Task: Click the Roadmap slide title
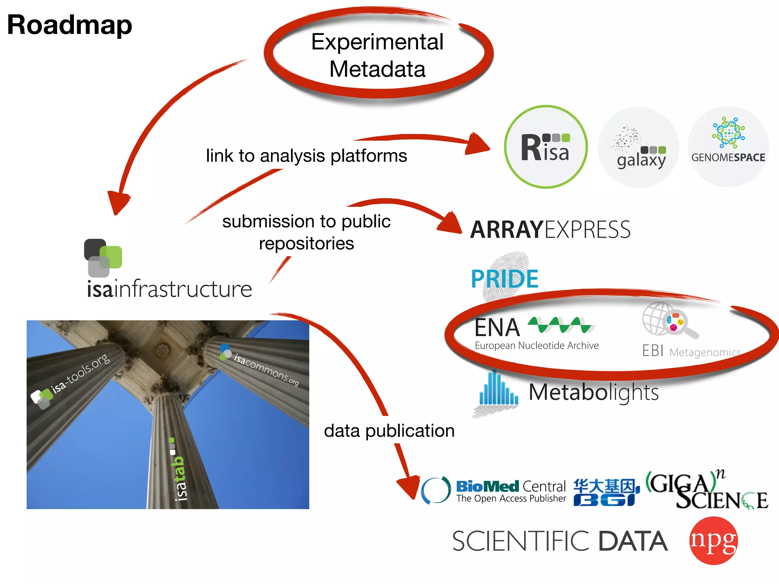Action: point(70,25)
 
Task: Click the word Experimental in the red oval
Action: point(377,42)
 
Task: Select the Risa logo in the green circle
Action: point(545,148)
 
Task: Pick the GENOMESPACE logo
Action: point(728,146)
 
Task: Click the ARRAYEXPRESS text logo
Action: point(550,230)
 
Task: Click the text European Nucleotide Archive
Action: point(536,346)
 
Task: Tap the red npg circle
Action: point(713,540)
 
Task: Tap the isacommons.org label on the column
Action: point(265,368)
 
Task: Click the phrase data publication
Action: point(389,431)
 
